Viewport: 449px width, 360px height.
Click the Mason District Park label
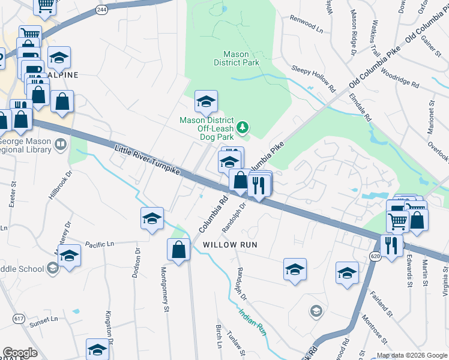tap(231, 58)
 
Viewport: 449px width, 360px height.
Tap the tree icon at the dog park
tap(242, 127)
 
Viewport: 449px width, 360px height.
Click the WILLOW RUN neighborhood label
tap(230, 245)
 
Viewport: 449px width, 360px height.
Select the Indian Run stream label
tap(252, 320)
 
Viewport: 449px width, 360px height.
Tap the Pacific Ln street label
tap(100, 244)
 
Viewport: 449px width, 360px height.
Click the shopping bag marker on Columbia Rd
tap(179, 249)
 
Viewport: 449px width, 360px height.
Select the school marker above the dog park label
tap(206, 101)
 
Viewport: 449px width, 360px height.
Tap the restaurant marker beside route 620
tap(391, 245)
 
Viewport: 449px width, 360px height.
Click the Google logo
tap(20, 353)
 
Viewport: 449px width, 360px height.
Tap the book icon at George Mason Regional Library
tap(61, 144)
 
